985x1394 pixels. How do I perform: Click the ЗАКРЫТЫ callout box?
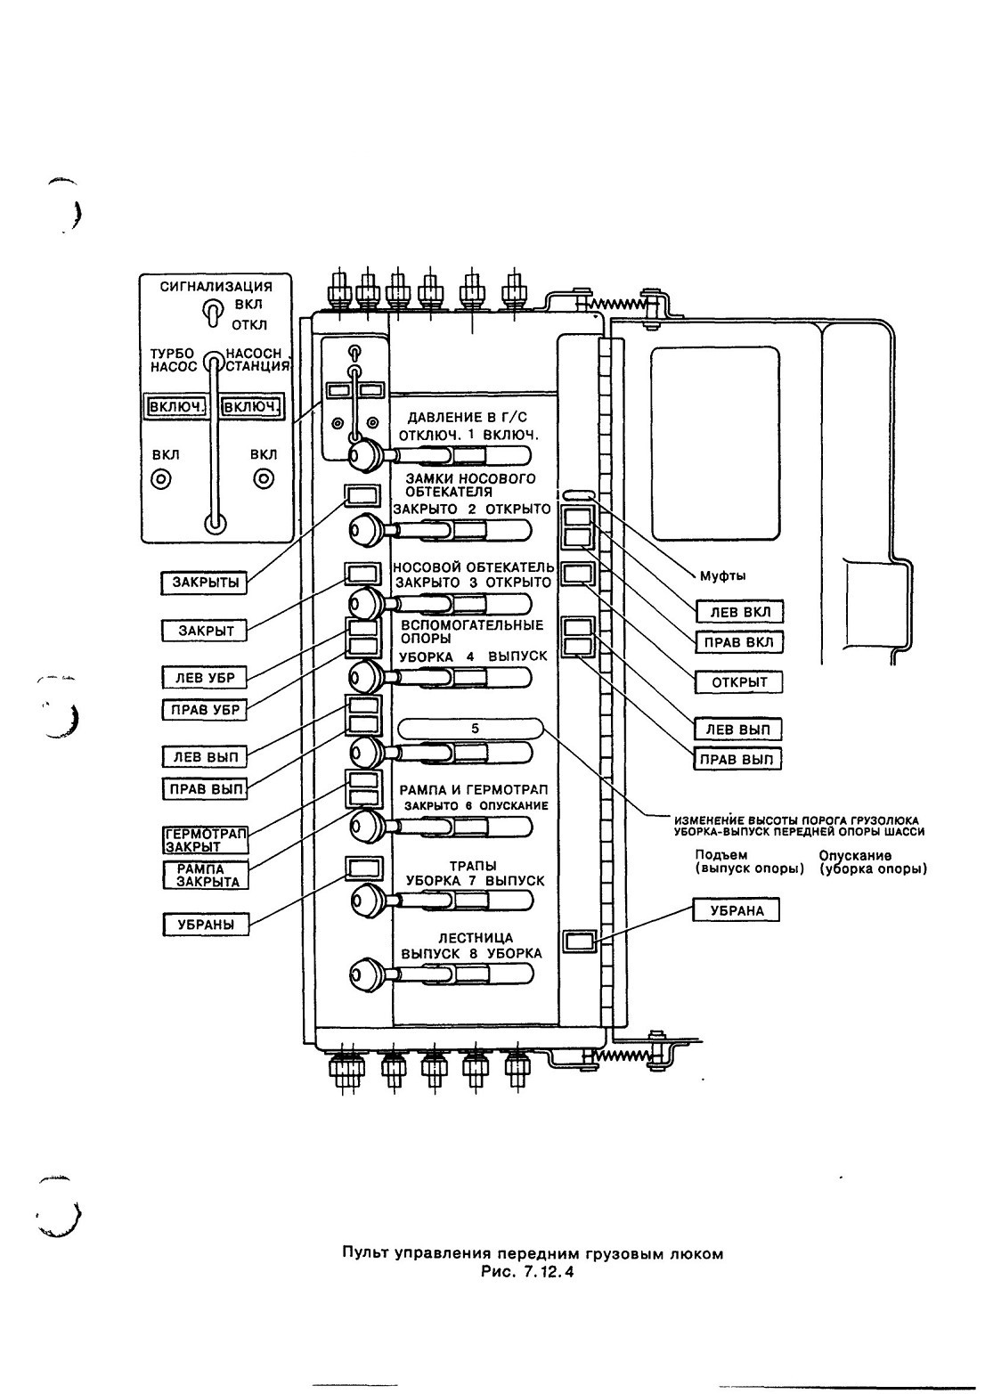click(205, 583)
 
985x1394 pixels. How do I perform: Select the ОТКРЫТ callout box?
click(738, 682)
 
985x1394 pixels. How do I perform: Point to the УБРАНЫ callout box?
click(205, 925)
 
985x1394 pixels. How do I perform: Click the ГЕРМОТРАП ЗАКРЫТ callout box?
click(206, 840)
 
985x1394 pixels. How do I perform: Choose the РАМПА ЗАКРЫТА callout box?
click(206, 876)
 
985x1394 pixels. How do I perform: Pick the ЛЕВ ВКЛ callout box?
click(739, 612)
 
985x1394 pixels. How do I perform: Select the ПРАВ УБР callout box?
click(205, 709)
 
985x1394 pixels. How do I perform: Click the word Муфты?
click(722, 575)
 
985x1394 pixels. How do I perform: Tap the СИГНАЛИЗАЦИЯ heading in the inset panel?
click(216, 286)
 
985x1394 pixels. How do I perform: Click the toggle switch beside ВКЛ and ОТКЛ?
click(212, 313)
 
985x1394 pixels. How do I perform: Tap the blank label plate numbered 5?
click(470, 729)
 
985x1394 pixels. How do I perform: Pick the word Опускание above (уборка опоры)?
click(855, 856)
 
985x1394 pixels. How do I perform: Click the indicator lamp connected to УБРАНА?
click(579, 941)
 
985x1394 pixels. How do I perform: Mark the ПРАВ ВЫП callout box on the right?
click(737, 759)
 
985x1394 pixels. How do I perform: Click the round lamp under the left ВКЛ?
click(162, 480)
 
